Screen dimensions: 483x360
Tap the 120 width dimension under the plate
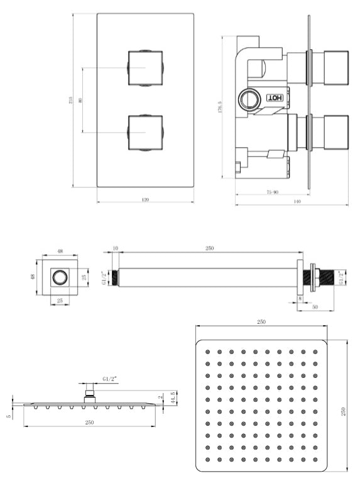coord(145,200)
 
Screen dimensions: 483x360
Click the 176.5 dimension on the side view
coord(221,109)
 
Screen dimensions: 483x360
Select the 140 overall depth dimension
coord(297,201)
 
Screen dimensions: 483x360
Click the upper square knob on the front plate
coord(145,67)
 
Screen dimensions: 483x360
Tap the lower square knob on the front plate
coord(145,131)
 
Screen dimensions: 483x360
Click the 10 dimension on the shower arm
coord(116,248)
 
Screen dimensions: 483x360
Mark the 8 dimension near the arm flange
coord(300,299)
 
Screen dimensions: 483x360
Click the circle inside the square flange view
coord(60,277)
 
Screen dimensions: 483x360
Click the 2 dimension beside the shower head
coord(161,397)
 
